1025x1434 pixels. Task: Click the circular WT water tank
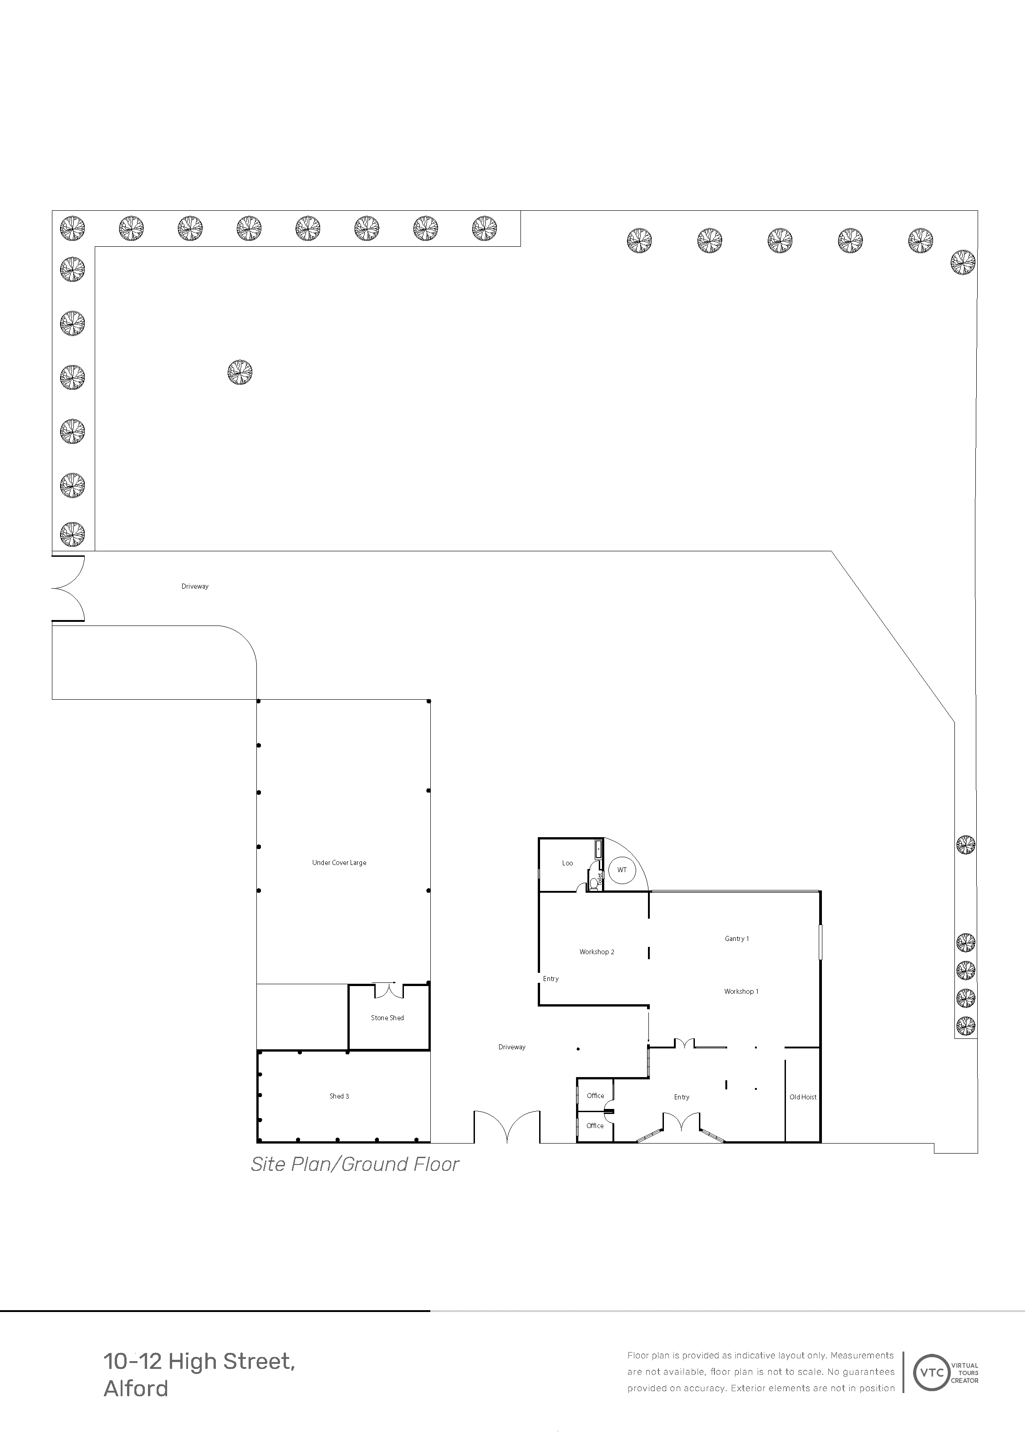tap(622, 870)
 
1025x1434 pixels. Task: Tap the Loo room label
tap(567, 863)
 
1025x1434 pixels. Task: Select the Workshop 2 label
tap(597, 952)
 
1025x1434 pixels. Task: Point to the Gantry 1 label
tap(737, 939)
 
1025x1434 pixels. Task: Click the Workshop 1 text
tap(741, 991)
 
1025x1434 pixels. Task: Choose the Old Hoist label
tap(803, 1097)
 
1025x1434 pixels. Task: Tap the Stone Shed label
tap(387, 1017)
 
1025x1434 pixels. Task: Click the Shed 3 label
tap(339, 1096)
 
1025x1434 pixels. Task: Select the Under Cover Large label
tap(339, 862)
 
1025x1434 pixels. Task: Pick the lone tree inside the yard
tap(240, 372)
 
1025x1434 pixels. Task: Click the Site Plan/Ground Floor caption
tap(355, 1164)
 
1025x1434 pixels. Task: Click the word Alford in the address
tap(136, 1388)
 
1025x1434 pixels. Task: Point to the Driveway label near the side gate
tap(195, 586)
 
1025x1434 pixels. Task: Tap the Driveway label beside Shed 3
tap(512, 1047)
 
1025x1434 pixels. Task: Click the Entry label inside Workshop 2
tap(551, 978)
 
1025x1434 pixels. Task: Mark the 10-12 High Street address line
tap(199, 1362)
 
